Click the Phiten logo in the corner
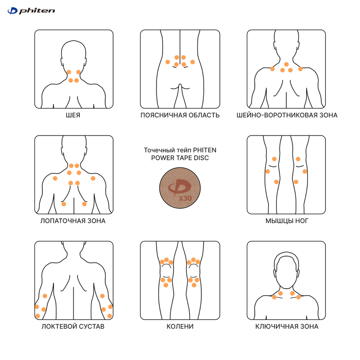click(31, 11)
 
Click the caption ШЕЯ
click(73, 115)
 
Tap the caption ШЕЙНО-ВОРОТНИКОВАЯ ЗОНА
click(287, 115)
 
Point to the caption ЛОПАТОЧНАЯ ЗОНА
click(73, 221)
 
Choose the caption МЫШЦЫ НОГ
click(287, 221)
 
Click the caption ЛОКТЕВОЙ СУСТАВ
click(73, 327)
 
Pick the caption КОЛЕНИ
click(180, 327)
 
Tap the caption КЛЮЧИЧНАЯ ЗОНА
click(287, 327)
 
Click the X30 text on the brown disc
click(185, 198)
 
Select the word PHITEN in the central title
click(204, 150)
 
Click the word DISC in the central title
click(202, 158)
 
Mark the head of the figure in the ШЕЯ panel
click(73, 56)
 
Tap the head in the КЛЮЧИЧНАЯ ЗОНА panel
click(286, 271)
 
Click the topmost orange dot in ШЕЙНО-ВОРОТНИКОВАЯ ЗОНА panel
click(286, 64)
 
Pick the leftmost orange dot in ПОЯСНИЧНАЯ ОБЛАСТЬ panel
click(168, 62)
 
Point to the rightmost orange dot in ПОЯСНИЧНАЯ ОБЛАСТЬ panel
click(192, 62)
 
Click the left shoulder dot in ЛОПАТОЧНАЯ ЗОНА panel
click(55, 179)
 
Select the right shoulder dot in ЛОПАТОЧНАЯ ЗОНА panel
click(93, 179)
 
